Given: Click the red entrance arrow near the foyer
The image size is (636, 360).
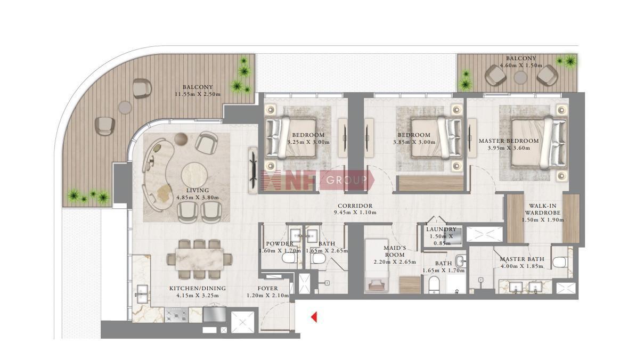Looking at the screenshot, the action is point(314,317).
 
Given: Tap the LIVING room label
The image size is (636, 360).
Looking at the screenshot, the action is point(198,190).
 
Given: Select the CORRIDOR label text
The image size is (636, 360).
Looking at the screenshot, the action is point(355,206).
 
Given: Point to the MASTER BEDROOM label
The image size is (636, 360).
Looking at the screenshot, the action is point(509,141).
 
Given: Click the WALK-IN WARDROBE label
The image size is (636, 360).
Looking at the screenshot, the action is point(543,209).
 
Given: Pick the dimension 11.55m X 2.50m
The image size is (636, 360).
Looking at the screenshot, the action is point(198,94).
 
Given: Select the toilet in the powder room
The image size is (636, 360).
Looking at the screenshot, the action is point(290,258).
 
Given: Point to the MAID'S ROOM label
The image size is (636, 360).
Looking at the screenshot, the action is point(395,251).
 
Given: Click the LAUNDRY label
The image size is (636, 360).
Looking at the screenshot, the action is point(441,230).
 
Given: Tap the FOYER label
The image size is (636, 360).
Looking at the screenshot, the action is point(268,288).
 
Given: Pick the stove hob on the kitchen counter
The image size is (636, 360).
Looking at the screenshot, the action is point(176,315).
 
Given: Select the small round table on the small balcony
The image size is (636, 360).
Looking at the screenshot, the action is point(520,77).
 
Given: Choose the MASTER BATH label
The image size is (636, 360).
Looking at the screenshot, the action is point(522,259).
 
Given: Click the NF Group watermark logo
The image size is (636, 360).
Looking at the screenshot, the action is point(317,181).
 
